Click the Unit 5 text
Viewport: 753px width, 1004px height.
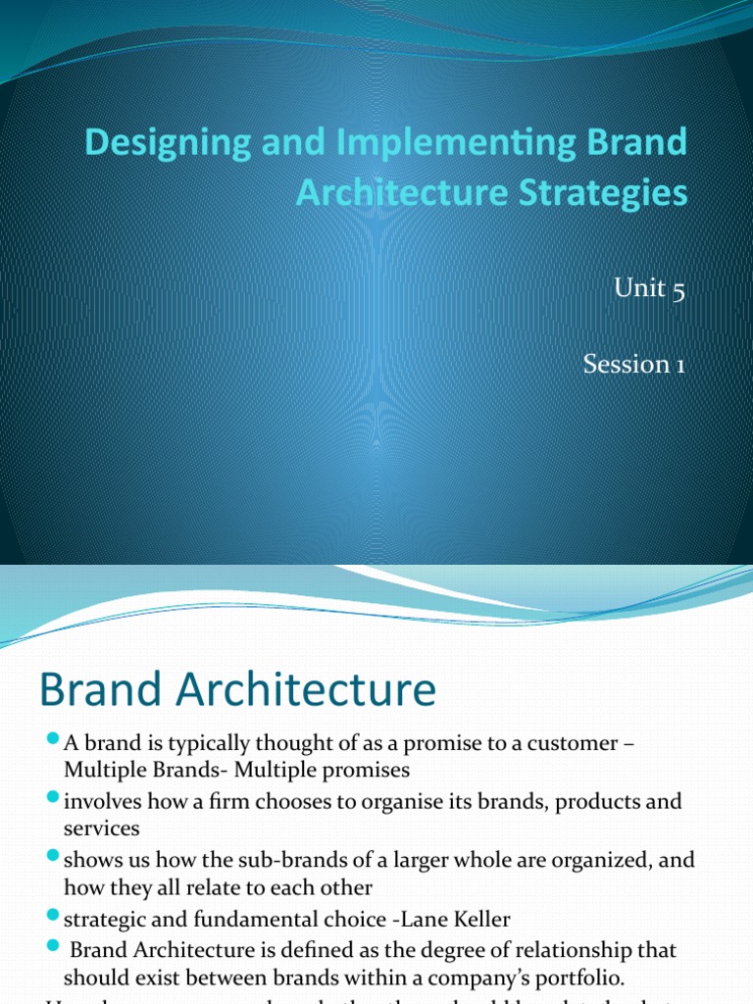click(647, 291)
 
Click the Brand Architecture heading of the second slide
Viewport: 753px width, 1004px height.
click(237, 689)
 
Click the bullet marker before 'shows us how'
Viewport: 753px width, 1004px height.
click(53, 859)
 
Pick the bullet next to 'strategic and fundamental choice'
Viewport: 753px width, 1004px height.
click(53, 917)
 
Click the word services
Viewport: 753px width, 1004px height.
click(102, 828)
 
